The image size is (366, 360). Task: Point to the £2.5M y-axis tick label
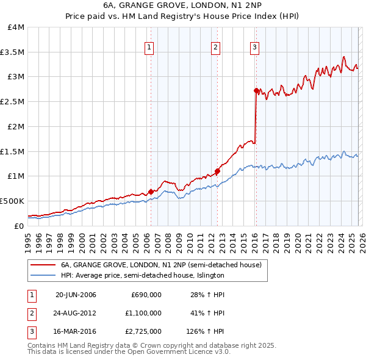click(12, 102)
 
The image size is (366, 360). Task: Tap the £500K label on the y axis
click(12, 201)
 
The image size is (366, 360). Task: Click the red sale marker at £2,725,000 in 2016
click(256, 90)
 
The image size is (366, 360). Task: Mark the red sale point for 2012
click(217, 171)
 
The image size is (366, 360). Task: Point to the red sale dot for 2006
click(151, 192)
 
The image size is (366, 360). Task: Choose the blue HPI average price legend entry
click(142, 275)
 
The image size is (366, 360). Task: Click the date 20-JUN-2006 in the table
click(76, 295)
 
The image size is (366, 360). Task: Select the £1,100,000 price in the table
click(146, 312)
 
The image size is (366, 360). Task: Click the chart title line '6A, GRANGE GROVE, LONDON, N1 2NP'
click(183, 6)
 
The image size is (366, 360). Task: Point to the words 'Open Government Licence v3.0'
click(178, 352)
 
